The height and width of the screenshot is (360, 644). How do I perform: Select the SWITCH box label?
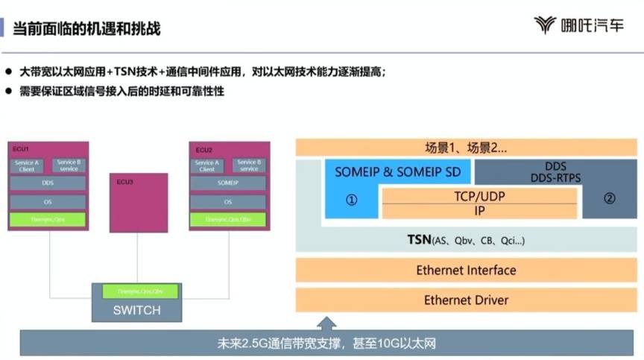(x=136, y=309)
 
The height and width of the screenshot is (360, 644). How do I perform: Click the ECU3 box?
(x=140, y=201)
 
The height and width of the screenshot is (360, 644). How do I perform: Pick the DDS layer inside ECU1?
(x=48, y=183)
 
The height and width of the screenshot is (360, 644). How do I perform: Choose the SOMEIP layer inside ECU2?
(x=227, y=183)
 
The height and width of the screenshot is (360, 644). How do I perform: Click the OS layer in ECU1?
(x=48, y=202)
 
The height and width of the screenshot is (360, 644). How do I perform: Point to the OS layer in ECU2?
(x=227, y=202)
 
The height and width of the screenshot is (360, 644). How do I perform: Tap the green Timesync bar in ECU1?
(x=48, y=220)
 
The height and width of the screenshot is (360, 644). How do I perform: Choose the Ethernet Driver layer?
(x=466, y=300)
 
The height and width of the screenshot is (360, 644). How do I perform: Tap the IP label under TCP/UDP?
(x=479, y=211)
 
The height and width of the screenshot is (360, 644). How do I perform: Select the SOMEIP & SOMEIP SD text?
(x=397, y=172)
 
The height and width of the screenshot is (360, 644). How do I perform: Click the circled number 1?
(x=352, y=200)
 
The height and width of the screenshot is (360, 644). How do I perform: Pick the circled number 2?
(x=609, y=199)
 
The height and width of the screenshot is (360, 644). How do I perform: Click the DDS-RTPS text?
(x=555, y=178)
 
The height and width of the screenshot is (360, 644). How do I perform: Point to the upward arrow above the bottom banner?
(x=326, y=323)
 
